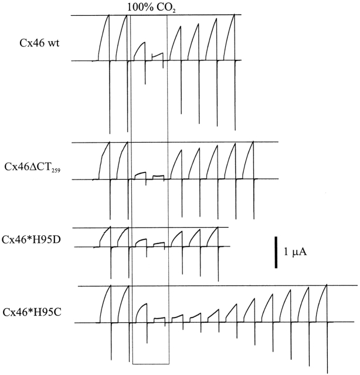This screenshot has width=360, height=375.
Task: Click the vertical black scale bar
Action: tap(276, 252)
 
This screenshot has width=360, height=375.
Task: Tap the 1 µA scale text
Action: tap(296, 253)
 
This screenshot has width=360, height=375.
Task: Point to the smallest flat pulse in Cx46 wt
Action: tap(157, 56)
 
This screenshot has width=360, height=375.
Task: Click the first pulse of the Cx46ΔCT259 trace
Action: tap(104, 161)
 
